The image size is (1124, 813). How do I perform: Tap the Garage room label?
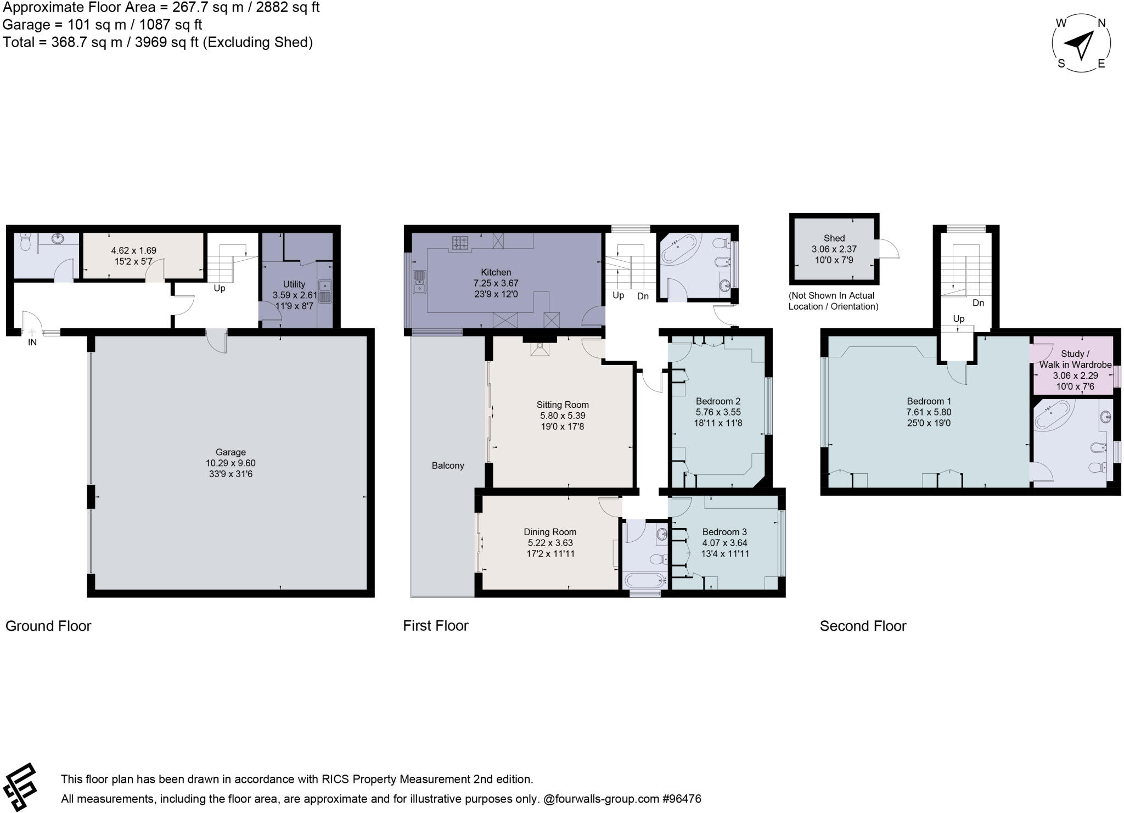click(230, 452)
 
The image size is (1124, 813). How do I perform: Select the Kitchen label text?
click(496, 272)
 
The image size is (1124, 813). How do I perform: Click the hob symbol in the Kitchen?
click(460, 242)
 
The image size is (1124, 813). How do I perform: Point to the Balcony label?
click(448, 466)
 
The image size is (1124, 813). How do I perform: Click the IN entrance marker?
click(32, 342)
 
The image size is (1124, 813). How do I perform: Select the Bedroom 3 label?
click(724, 532)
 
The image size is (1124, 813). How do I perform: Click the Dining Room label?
click(550, 532)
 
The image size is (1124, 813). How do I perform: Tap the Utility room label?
click(294, 284)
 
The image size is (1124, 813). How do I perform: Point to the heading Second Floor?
click(863, 626)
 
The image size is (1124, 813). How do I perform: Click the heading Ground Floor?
click(48, 626)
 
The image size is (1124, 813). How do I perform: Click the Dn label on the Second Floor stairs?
click(978, 302)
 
